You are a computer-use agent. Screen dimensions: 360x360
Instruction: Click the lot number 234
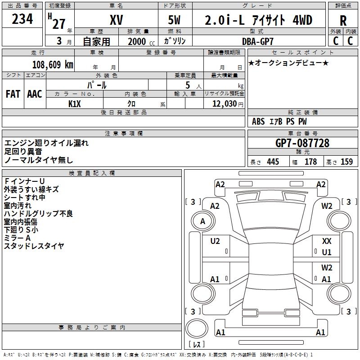coord(22,20)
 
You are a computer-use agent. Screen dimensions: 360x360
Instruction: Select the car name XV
coord(116,20)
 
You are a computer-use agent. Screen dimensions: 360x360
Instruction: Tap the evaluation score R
coord(343,21)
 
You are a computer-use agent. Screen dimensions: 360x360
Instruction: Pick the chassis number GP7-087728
coord(302,144)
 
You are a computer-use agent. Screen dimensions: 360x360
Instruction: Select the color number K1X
coord(75,103)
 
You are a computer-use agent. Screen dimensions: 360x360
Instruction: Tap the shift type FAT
coord(13,94)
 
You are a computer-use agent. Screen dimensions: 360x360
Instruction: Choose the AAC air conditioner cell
coord(35,94)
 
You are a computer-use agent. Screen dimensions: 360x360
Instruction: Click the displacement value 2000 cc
coord(137,41)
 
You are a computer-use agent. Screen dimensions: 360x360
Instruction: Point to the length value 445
coord(272,162)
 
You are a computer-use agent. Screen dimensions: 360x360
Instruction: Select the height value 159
coord(346,162)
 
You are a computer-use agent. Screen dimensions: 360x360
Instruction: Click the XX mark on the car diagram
coord(327,242)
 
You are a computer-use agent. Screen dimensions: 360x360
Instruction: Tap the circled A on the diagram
coord(202,221)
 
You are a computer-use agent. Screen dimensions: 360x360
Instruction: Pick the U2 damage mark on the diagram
coord(215,242)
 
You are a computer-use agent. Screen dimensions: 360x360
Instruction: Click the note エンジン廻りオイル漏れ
coord(47,143)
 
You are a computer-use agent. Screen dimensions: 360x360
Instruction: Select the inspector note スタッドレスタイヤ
coord(34,246)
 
